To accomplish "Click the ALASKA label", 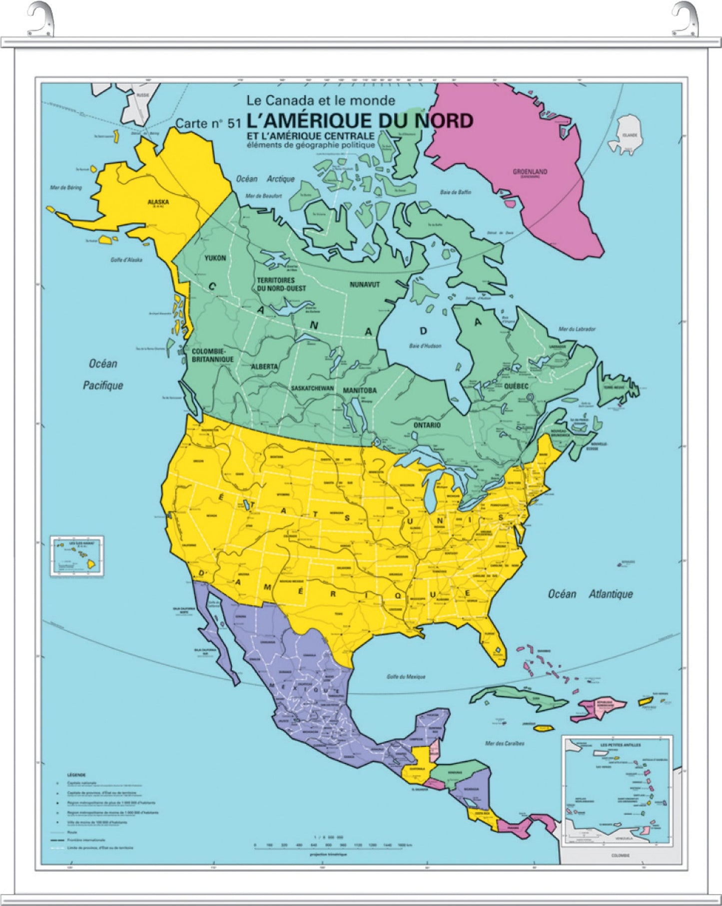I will [158, 202].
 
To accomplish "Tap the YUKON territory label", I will [215, 258].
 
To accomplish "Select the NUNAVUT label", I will [365, 285].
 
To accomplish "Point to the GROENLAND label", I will [530, 172].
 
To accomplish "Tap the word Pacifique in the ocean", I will [103, 385].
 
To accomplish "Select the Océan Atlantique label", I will [590, 594].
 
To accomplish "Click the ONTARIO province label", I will [427, 425].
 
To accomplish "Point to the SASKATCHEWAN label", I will [313, 388].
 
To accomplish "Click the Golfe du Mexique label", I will [406, 677].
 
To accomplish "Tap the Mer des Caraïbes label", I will [505, 743].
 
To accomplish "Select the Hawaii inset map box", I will [78, 556].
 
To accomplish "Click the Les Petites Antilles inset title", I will [621, 745].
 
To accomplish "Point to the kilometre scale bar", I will [328, 845].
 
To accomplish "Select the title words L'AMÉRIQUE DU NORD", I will [360, 121].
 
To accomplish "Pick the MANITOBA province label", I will [360, 390].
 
